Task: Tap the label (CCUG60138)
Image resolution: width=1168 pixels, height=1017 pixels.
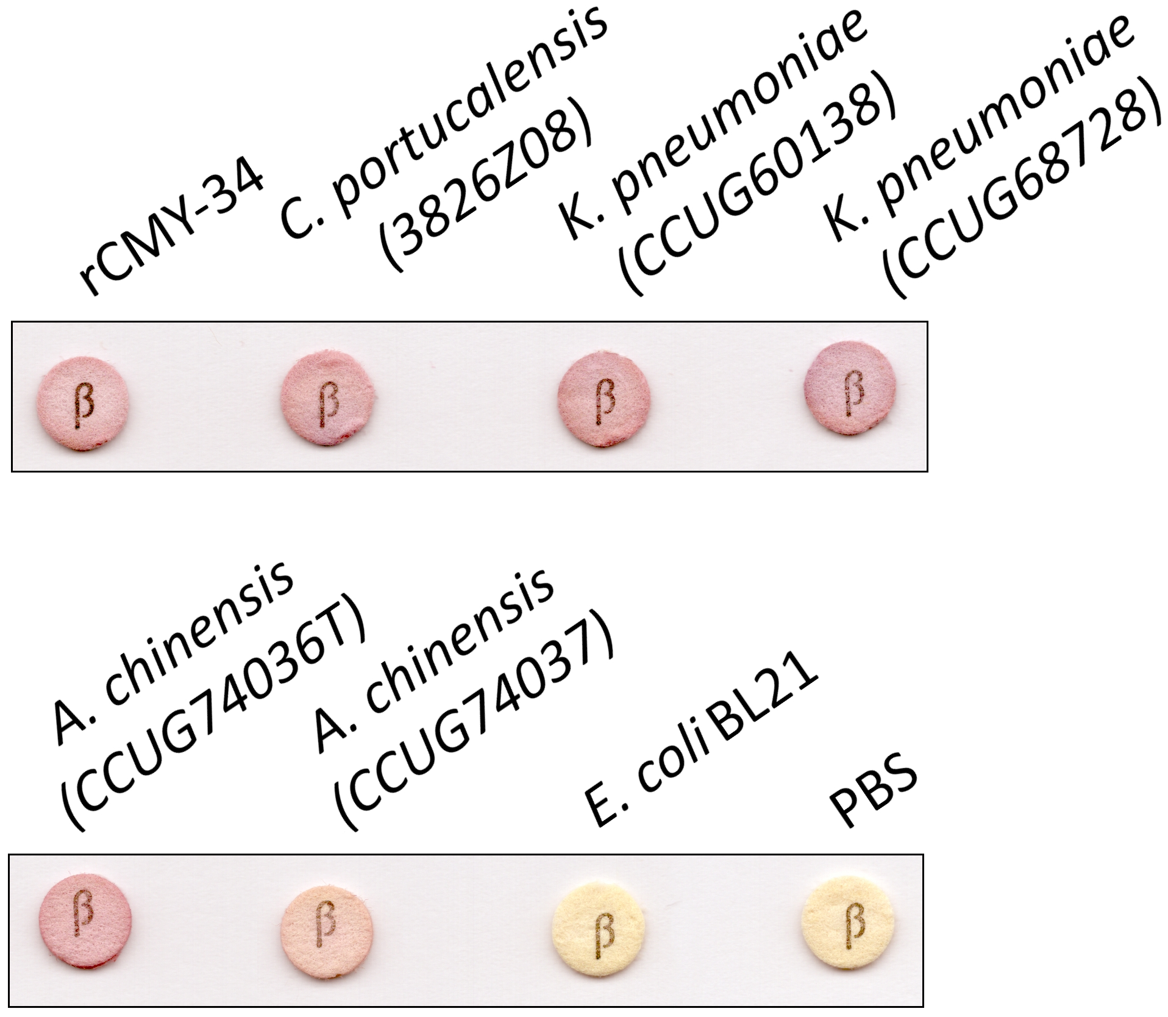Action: pyautogui.click(x=756, y=195)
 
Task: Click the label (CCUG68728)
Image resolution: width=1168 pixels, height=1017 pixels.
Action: pyautogui.click(x=1024, y=195)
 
